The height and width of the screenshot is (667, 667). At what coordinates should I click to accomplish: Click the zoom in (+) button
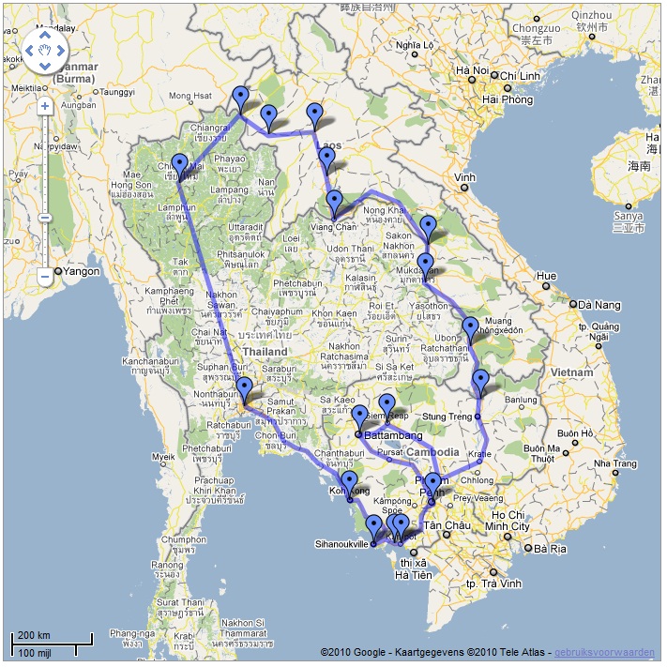(45, 106)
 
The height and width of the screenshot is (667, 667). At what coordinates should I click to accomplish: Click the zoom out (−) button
(45, 277)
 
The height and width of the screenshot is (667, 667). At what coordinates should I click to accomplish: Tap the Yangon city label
(83, 271)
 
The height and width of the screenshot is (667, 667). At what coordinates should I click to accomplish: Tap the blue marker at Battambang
(359, 417)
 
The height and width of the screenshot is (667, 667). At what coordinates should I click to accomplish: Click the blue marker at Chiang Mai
(179, 166)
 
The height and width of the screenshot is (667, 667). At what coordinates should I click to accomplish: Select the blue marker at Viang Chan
(334, 202)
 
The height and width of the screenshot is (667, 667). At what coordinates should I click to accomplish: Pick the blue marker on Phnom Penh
(432, 484)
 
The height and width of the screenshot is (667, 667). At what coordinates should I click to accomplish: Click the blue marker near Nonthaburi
(244, 388)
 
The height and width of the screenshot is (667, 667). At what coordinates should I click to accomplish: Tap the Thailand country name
(264, 352)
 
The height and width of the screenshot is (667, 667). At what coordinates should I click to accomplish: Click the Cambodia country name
(432, 452)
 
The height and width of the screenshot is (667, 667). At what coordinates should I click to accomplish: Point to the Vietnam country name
(573, 371)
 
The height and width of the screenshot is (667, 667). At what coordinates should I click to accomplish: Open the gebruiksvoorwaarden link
(605, 652)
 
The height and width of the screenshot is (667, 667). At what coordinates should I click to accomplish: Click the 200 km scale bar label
(33, 635)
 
